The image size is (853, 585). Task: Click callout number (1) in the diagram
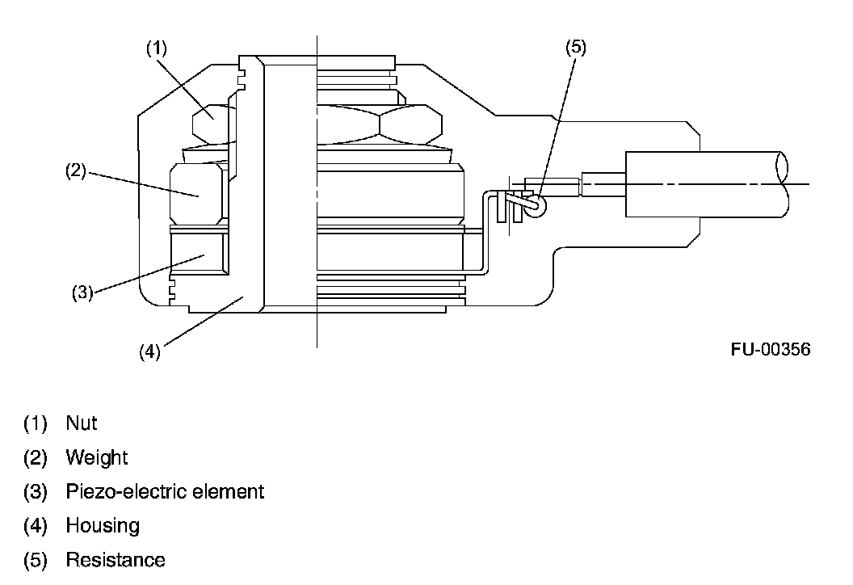point(156,48)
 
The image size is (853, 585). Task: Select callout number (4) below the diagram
point(149,352)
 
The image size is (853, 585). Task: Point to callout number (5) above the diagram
point(575,47)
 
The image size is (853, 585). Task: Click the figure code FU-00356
point(770,349)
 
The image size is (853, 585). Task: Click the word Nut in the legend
point(82,423)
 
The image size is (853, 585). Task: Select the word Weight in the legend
point(97,457)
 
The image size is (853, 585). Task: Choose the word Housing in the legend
point(103,526)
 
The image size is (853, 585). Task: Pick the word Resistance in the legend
point(116,560)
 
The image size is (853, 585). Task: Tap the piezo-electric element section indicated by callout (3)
point(199,253)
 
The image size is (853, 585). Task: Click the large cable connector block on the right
point(662,183)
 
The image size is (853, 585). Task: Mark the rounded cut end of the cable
point(781,183)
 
